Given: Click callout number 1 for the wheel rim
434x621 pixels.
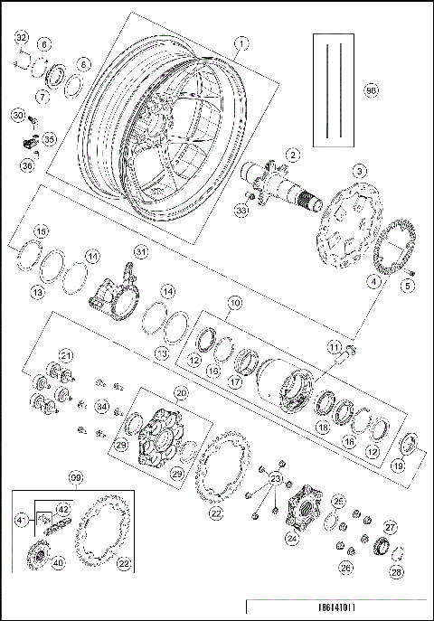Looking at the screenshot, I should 241,42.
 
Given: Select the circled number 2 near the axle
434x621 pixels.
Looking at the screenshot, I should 291,155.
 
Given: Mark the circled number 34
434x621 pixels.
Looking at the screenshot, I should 102,408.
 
